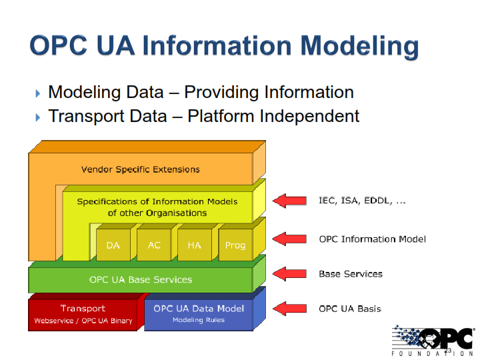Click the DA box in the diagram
[113, 245]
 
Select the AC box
[154, 245]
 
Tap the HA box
[194, 245]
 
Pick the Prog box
[235, 245]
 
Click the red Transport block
[83, 314]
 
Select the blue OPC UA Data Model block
[199, 314]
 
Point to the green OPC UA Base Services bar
[141, 279]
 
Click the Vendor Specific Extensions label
[140, 169]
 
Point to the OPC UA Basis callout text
[350, 309]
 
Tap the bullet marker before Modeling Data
[37, 93]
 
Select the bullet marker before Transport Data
[37, 117]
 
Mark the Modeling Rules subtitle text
[199, 320]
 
